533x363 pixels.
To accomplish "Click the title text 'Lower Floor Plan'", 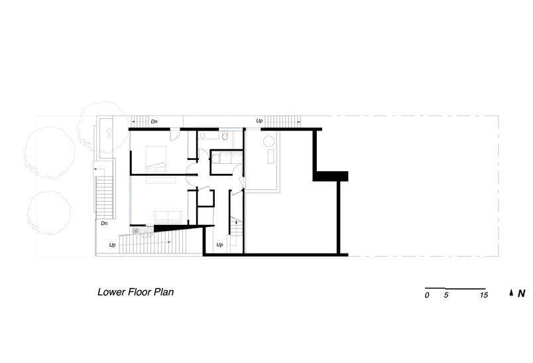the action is (x=136, y=292).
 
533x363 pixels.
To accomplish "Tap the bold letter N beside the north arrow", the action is (x=522, y=293).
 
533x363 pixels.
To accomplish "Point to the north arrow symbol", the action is (x=511, y=293).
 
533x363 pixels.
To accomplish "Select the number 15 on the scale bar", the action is (x=484, y=295).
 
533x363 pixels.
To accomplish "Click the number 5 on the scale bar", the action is (x=446, y=295).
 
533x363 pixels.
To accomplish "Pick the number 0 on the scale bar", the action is (x=427, y=295).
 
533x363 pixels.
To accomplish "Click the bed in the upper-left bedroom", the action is (x=156, y=159).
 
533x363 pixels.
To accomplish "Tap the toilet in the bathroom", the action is (x=225, y=136).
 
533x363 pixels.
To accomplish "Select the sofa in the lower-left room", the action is (x=168, y=217).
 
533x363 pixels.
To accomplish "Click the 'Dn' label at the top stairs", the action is (x=154, y=121).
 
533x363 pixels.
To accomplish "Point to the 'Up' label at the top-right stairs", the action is (x=259, y=121).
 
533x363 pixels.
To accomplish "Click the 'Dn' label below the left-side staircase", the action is (x=104, y=223).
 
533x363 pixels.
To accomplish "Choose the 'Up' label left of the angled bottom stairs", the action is (x=112, y=245).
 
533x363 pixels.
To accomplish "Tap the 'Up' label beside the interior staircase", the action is (x=219, y=245).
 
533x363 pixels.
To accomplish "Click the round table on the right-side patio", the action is (x=269, y=141).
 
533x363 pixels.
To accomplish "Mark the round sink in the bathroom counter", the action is (x=202, y=136).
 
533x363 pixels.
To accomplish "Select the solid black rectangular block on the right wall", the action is (x=330, y=177).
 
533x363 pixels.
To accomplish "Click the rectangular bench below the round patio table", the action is (x=270, y=156).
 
